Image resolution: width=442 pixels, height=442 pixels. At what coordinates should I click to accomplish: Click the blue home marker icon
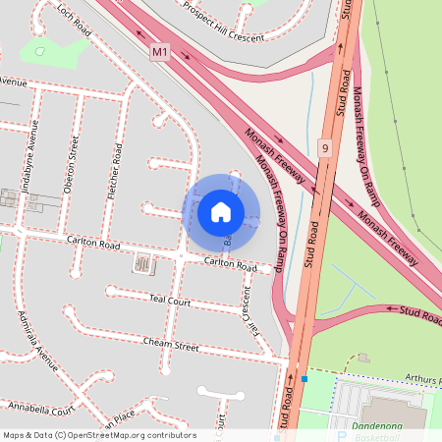[221, 211]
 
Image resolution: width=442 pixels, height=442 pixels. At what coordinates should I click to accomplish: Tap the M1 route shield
[160, 50]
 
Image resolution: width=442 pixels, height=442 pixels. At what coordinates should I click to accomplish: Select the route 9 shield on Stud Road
[324, 148]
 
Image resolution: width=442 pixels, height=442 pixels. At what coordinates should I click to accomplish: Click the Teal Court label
[169, 299]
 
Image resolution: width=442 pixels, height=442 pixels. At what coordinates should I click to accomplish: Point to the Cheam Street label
[171, 346]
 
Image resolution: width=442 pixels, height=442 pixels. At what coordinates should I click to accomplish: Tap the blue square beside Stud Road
[304, 378]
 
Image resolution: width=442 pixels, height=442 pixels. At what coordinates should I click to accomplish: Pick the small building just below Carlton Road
[143, 263]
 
